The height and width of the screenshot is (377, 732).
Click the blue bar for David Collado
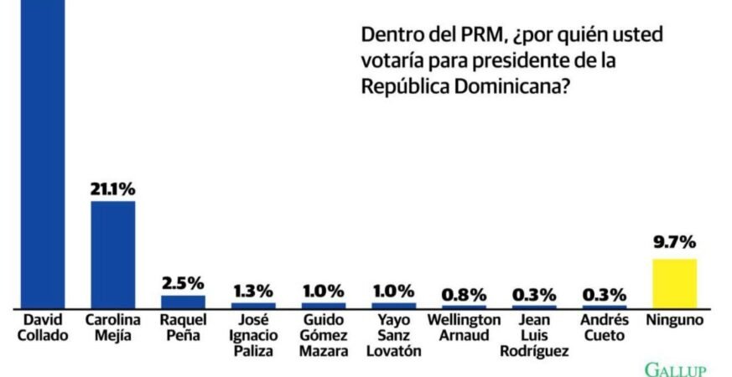click(43, 154)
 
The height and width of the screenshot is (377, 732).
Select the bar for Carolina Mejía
click(113, 255)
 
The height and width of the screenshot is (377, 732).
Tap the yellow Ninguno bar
click(675, 284)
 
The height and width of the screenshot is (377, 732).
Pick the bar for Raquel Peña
click(183, 302)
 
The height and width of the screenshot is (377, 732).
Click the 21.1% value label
click(113, 189)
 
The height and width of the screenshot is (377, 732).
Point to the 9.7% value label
click(675, 243)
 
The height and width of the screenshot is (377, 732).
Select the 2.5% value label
click(183, 283)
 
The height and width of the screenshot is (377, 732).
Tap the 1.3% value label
click(253, 292)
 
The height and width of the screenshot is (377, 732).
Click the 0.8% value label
click(464, 294)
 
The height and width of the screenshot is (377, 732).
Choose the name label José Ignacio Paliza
click(253, 335)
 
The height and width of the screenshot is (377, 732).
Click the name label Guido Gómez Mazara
click(324, 335)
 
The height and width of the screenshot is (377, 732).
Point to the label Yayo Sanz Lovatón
click(393, 335)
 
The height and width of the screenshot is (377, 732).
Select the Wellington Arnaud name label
click(464, 328)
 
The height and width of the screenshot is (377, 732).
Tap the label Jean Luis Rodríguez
click(534, 336)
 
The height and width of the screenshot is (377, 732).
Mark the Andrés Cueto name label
click(605, 328)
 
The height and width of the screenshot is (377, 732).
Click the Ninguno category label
click(675, 321)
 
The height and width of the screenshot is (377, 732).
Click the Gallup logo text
click(675, 370)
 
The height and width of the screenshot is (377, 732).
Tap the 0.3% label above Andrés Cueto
click(605, 294)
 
